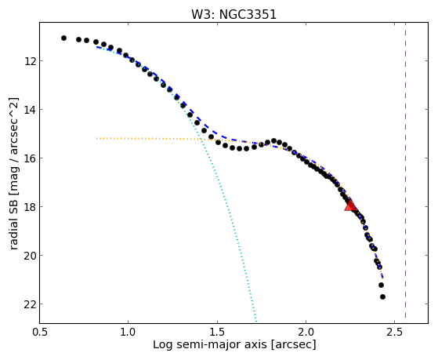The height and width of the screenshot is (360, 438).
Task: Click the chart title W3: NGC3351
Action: pyautogui.click(x=233, y=14)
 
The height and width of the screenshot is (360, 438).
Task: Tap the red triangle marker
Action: pyautogui.click(x=350, y=205)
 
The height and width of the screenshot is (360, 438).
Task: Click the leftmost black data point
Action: pyautogui.click(x=63, y=38)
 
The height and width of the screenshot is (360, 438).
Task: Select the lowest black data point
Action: pyautogui.click(x=382, y=296)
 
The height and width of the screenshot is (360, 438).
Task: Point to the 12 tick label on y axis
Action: pyautogui.click(x=30, y=60)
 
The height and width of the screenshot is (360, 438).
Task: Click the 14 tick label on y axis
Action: pyautogui.click(x=30, y=109)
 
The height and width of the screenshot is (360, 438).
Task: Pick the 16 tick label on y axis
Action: pyautogui.click(x=30, y=158)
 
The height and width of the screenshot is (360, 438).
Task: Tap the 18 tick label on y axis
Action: pyautogui.click(x=30, y=207)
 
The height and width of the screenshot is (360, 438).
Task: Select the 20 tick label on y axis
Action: pyautogui.click(x=30, y=256)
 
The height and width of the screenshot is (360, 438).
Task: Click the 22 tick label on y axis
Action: pyautogui.click(x=30, y=304)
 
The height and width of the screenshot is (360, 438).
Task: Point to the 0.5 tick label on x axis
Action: pyautogui.click(x=39, y=332)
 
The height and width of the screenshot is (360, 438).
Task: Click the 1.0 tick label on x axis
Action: pyautogui.click(x=128, y=332)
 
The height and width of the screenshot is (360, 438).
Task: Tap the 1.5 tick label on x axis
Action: pyautogui.click(x=217, y=332)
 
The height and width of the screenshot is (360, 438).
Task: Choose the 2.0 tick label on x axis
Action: pyautogui.click(x=306, y=332)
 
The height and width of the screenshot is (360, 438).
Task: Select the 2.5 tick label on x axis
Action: pyautogui.click(x=395, y=332)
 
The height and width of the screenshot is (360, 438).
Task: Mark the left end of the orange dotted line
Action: pyautogui.click(x=96, y=139)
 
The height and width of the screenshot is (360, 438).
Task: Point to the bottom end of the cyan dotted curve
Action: pyautogui.click(x=256, y=321)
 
